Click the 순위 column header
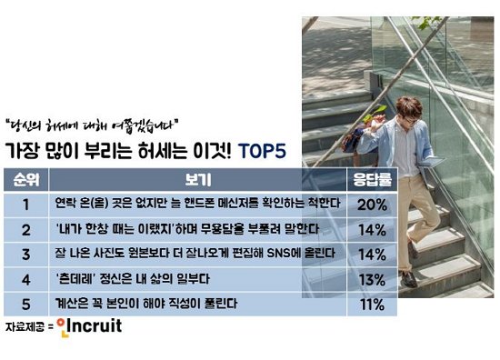(26, 179)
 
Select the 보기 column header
(197, 179)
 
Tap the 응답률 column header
(372, 179)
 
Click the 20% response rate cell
(372, 205)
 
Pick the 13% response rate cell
(372, 280)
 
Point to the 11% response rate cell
(372, 305)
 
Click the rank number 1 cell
(26, 205)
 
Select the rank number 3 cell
(26, 255)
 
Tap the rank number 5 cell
(26, 305)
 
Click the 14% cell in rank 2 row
(372, 230)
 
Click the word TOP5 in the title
(262, 151)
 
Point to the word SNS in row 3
(279, 253)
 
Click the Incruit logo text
(94, 325)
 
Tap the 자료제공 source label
(25, 327)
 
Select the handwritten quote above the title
(92, 125)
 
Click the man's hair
(408, 107)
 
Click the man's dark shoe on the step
(408, 279)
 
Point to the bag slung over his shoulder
(355, 140)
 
